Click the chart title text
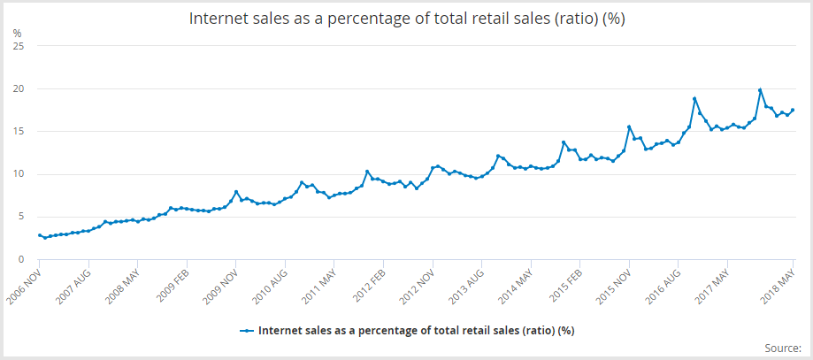[x=407, y=19]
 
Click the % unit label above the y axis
[x=18, y=33]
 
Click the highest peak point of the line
[x=760, y=90]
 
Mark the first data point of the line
[x=40, y=235]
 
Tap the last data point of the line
[x=793, y=110]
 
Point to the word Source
[x=780, y=348]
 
